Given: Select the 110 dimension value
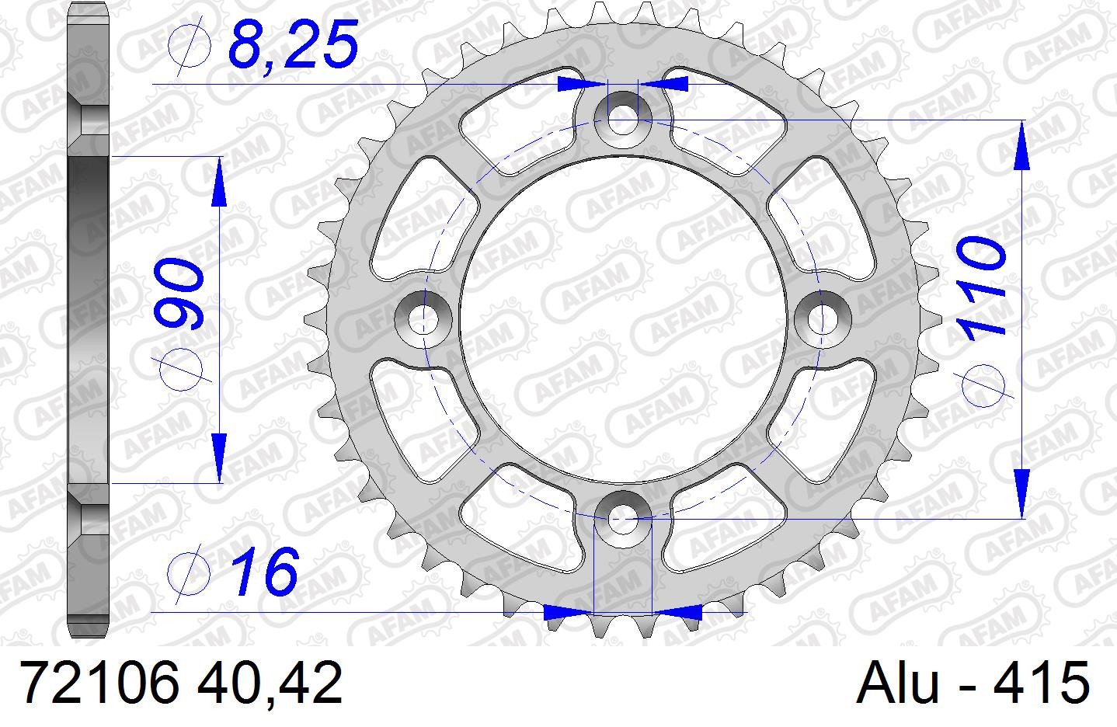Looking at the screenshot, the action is [979, 289].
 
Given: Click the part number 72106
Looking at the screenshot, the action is [99, 683].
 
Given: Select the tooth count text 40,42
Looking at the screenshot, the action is [270, 683].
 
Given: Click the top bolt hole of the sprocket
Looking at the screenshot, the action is [623, 120].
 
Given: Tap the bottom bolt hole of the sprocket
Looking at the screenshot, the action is [623, 519].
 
